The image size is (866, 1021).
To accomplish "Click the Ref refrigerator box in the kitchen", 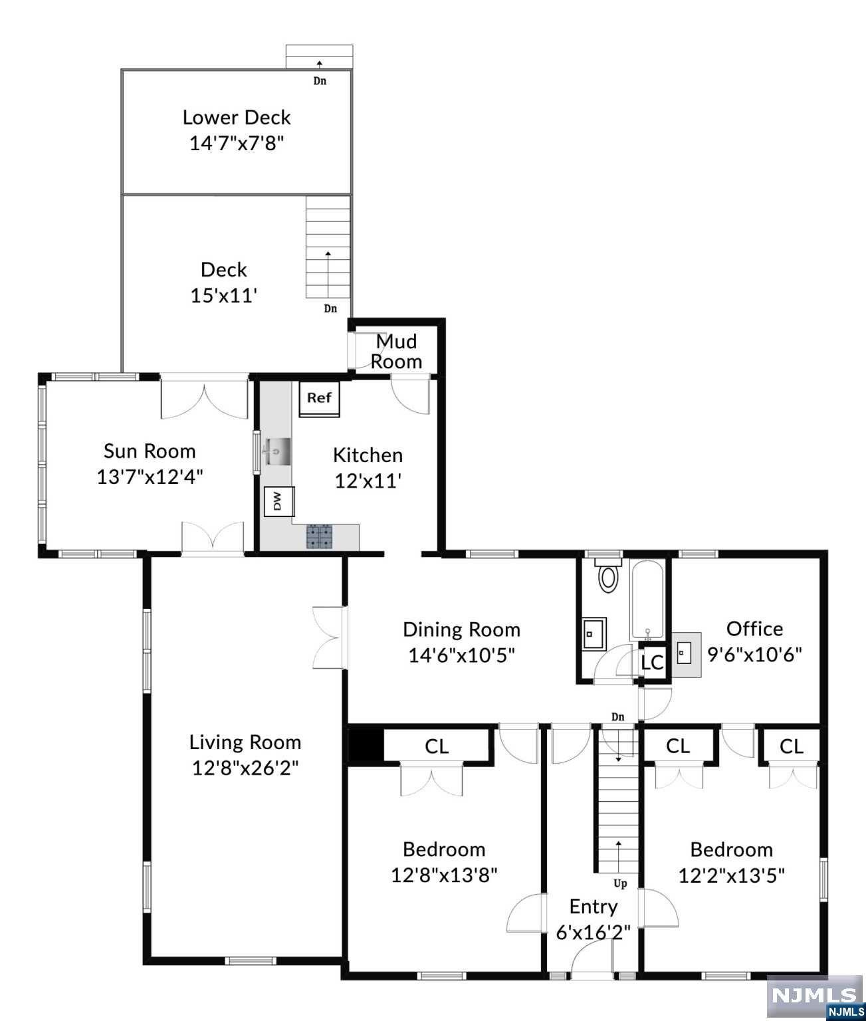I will coord(319,399).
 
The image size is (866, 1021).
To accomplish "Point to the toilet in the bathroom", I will coord(608,576).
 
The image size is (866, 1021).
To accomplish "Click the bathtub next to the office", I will coord(649,599).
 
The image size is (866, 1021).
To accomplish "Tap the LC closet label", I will coord(653,663).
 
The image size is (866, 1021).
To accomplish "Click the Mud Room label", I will coord(397,352).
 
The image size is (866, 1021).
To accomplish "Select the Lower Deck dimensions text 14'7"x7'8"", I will coord(237,143).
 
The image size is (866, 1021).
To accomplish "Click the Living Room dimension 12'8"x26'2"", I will coord(245,768).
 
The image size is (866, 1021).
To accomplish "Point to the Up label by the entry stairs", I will coord(619,884).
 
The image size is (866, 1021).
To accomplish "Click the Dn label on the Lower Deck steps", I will coord(320,82).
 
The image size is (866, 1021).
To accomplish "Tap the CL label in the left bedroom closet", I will coord(437,746).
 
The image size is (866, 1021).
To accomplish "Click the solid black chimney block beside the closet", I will coord(364,746).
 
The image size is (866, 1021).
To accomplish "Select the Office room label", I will coord(754,628).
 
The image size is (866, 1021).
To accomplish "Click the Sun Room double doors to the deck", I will coord(205,398).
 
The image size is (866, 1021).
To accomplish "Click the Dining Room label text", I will coord(461,629).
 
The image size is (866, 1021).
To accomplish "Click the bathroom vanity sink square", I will coord(594,633).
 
